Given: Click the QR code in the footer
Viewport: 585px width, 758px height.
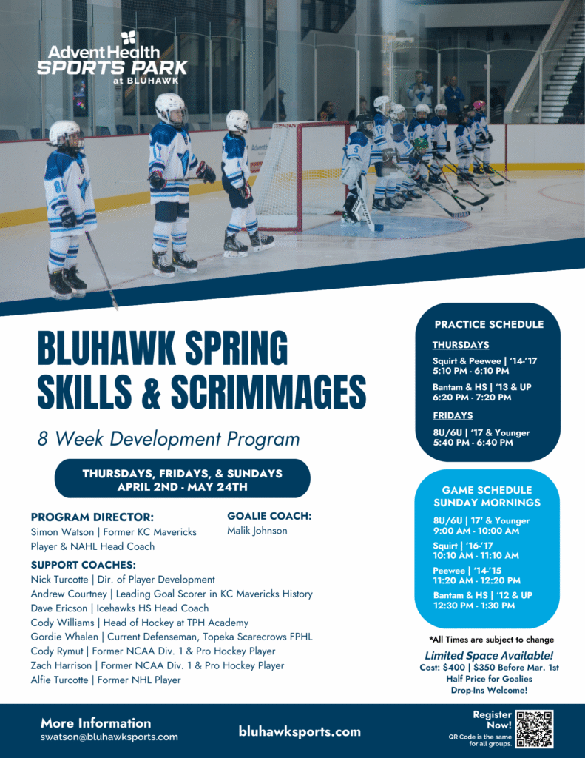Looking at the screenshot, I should coord(534,728).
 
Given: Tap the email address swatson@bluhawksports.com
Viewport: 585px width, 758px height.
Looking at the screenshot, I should coord(109,737).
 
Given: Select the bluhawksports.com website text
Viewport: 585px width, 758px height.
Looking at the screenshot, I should coord(300,731).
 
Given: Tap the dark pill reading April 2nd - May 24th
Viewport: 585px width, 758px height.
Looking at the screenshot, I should coord(182,478).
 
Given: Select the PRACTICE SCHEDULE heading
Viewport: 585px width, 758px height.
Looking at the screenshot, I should coord(489,324).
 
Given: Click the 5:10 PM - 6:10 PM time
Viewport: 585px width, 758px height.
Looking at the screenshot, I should coord(471,371).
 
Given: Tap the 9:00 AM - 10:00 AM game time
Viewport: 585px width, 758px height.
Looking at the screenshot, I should coord(476,531).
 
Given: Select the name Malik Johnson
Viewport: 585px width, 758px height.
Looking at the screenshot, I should coord(257,530).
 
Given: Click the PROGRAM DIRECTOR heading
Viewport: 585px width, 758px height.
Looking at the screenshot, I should coord(92,517).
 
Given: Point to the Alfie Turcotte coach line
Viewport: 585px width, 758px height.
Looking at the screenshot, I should coord(106,680).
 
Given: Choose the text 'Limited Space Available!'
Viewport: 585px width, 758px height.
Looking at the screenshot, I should coord(489,656).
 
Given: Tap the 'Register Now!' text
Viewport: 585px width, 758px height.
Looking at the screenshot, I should coord(492,720).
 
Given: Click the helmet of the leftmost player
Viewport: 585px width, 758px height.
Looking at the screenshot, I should coord(64,133).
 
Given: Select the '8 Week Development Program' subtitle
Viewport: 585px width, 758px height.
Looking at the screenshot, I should coord(169,439).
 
